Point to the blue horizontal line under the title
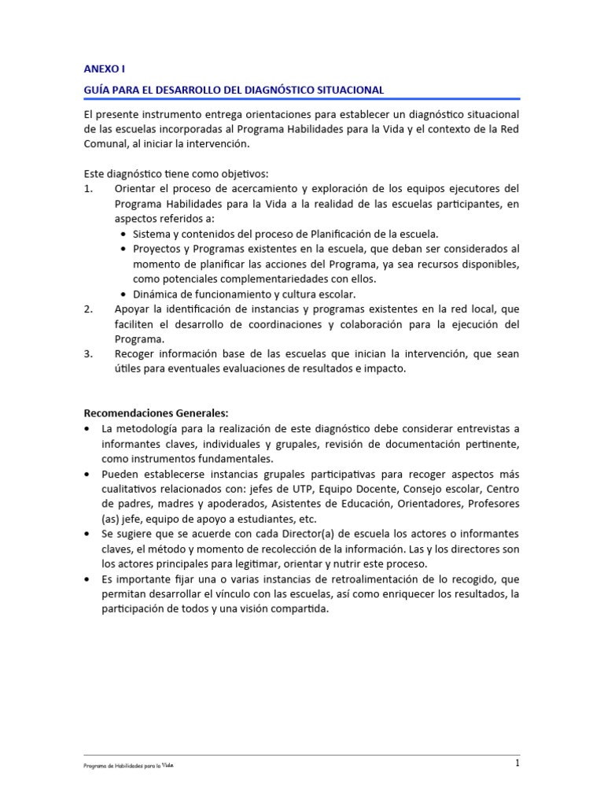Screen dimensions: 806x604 (301, 100)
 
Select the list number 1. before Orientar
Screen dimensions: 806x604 (89, 189)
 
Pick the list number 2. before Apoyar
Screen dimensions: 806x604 (89, 309)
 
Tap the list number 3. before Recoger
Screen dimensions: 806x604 (89, 354)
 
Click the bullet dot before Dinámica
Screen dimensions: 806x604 (124, 294)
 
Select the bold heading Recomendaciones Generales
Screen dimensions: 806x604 (156, 413)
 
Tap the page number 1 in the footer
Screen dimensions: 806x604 (517, 763)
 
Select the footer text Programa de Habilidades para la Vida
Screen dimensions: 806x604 (128, 766)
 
